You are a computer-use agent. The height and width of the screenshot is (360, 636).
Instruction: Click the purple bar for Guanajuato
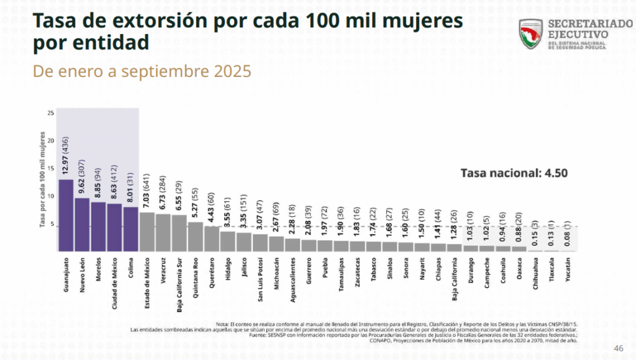(66, 215)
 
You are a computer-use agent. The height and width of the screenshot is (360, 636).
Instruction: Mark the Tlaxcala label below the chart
(552, 271)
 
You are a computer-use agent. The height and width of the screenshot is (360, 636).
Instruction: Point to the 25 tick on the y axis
(50, 113)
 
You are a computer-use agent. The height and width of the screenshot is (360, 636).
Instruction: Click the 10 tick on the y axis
(50, 196)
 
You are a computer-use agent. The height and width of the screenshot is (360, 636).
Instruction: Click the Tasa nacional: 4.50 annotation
(513, 173)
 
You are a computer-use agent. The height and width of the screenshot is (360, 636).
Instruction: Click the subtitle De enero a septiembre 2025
(142, 71)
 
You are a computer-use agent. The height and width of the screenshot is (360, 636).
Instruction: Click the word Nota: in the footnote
(223, 324)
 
